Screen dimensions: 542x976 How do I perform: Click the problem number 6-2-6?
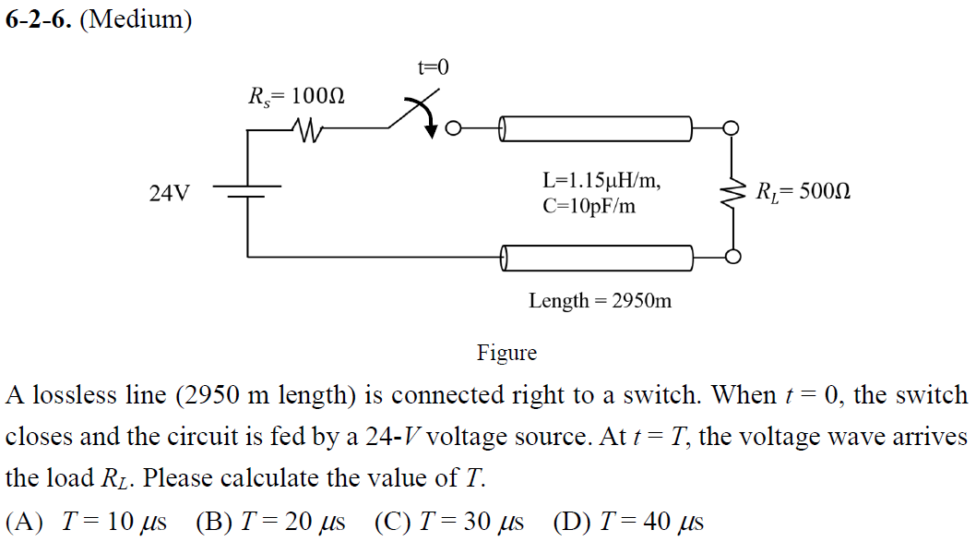click(37, 20)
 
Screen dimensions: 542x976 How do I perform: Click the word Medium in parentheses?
click(137, 20)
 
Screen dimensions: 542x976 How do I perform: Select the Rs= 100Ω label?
click(296, 96)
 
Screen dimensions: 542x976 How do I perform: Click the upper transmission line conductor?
click(595, 129)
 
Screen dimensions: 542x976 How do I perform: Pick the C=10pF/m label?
click(589, 206)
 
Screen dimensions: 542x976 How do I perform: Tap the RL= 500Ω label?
click(802, 193)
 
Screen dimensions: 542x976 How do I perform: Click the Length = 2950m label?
click(600, 300)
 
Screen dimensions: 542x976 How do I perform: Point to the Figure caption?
click(506, 353)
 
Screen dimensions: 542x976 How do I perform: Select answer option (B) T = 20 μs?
click(270, 522)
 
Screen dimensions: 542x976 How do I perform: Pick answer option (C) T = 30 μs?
click(449, 522)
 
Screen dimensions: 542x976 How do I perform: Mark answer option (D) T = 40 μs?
click(628, 522)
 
